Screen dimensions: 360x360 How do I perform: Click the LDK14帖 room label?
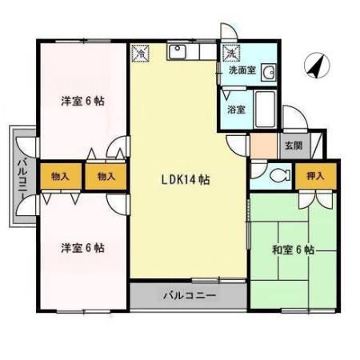(182, 180)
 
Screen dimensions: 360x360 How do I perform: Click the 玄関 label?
(292, 146)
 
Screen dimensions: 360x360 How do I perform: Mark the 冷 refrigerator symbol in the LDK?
(141, 54)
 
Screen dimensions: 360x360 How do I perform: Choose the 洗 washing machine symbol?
(231, 54)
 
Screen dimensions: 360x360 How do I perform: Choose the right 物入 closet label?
(106, 175)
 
